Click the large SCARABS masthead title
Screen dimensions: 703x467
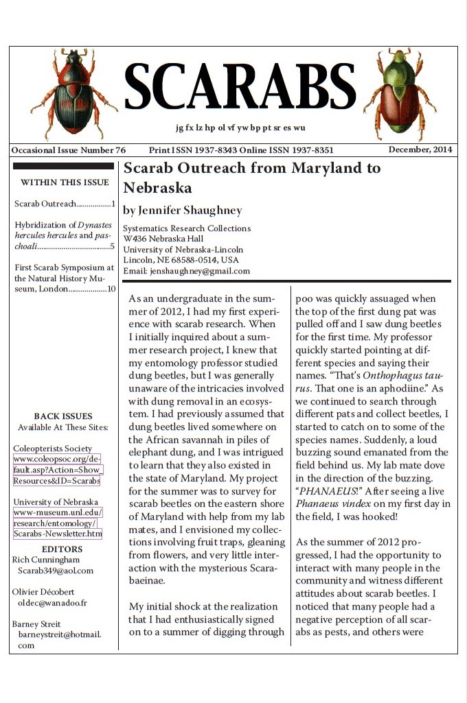[x=240, y=88]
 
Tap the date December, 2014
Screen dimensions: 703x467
[x=420, y=150]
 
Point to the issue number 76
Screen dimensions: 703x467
[x=119, y=150]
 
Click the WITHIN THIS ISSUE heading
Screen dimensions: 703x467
[x=65, y=182]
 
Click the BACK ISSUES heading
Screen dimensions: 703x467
[x=62, y=416]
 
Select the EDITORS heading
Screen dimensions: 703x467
[x=62, y=549]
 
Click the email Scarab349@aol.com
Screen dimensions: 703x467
[x=56, y=571]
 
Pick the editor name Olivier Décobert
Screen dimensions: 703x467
[x=43, y=592]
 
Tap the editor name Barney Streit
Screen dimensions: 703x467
[x=36, y=624]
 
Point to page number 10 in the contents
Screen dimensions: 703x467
[x=111, y=289]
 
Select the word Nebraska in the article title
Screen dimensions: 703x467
[x=156, y=188]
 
